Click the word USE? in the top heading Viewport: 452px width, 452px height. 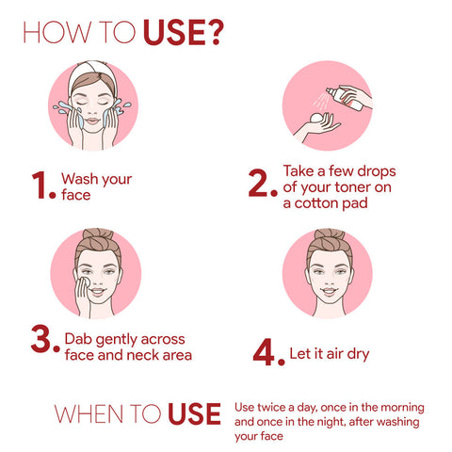(184, 32)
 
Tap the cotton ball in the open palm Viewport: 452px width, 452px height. (316, 119)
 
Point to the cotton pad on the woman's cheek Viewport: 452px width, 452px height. (84, 282)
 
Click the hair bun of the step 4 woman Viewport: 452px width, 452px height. (330, 234)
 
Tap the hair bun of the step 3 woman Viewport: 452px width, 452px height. (98, 234)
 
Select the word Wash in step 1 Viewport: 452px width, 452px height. (79, 179)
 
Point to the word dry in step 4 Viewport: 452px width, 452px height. (358, 354)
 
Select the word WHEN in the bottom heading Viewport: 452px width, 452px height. (89, 413)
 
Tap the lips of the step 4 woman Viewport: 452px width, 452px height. (330, 291)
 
